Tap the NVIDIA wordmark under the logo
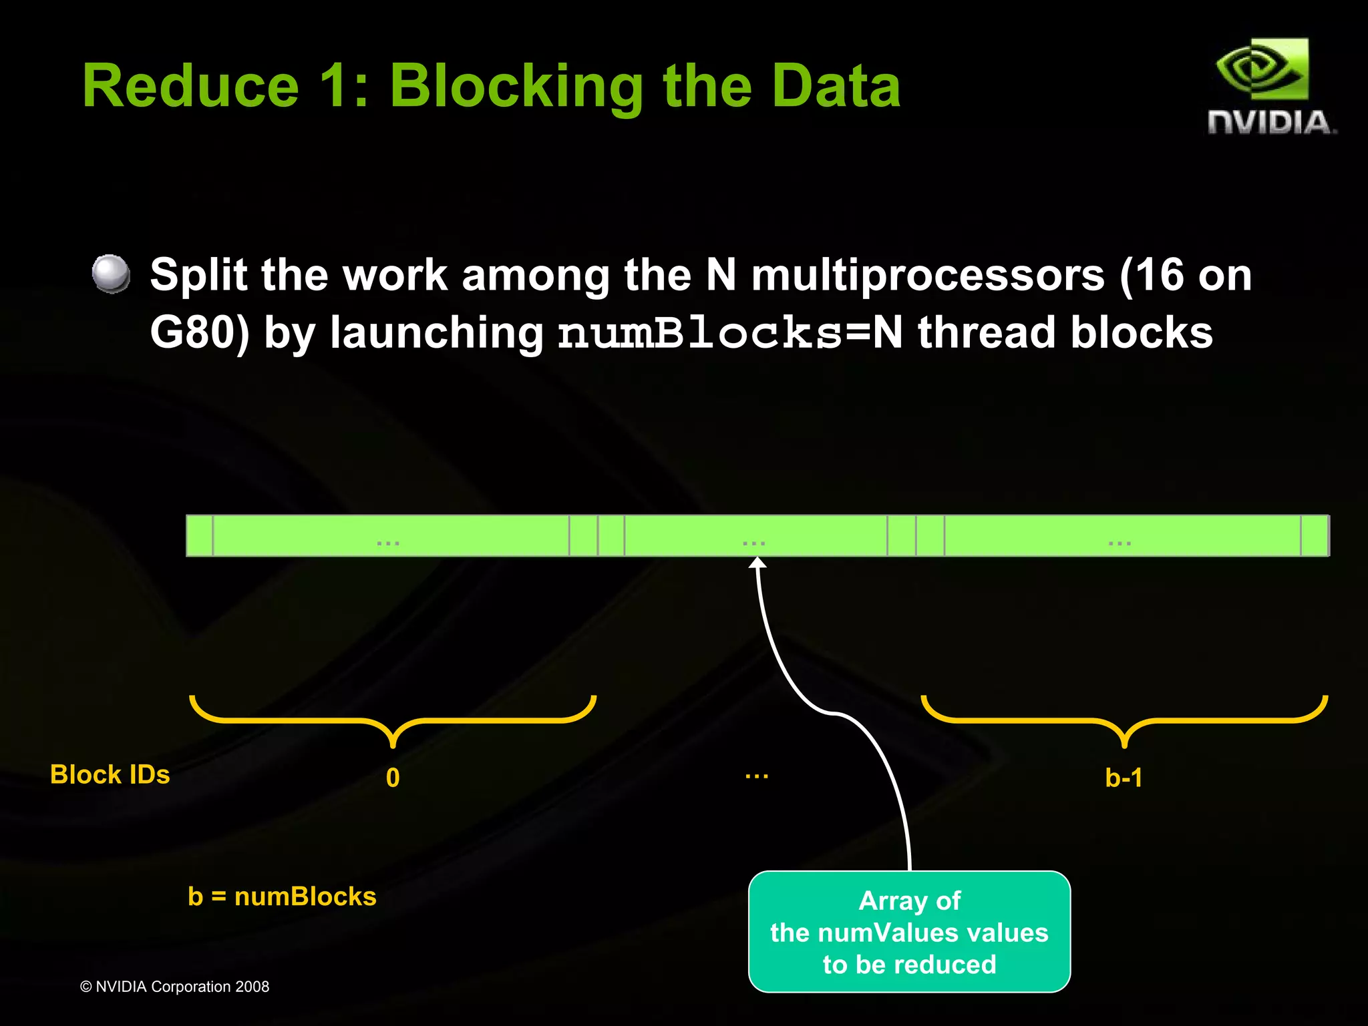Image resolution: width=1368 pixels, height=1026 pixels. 1271,123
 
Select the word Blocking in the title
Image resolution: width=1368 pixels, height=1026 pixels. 516,87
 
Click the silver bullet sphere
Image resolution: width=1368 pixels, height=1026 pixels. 111,274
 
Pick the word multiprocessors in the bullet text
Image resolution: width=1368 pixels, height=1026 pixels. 928,275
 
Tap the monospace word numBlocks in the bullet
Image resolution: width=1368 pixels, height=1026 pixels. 699,332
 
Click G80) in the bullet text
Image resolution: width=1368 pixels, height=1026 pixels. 199,332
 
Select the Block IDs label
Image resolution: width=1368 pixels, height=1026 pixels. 110,774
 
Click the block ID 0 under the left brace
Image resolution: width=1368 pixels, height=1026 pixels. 393,778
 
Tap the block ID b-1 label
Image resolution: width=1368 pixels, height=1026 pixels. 1124,778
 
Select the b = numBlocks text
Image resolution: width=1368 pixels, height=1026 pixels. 282,896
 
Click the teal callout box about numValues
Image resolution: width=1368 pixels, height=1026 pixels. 909,932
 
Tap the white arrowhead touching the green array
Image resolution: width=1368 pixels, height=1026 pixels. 757,562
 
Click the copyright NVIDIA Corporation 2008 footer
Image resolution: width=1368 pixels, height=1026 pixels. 174,987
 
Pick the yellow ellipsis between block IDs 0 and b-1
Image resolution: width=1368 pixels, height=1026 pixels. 757,776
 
